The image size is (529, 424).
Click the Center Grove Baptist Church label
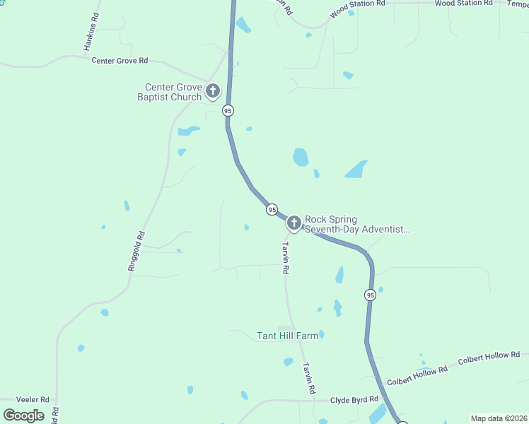[169, 92]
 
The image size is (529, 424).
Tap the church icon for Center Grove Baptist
[213, 91]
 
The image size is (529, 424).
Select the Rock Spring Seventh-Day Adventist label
[357, 225]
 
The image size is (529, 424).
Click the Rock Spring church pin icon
[294, 224]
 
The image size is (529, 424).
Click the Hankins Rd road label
[91, 32]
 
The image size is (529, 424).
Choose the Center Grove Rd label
[120, 61]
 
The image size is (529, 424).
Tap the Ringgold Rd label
[136, 251]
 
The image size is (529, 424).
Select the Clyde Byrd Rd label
[354, 400]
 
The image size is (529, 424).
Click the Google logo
[24, 415]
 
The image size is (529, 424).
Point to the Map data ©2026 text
[499, 418]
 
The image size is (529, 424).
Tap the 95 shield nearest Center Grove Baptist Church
[227, 111]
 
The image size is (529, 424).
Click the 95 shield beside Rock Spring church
[272, 210]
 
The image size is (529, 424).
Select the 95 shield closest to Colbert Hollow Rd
[370, 295]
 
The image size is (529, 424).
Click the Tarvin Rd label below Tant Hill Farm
[308, 378]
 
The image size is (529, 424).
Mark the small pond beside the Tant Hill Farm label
[321, 334]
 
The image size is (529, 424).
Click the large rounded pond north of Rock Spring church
[301, 157]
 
